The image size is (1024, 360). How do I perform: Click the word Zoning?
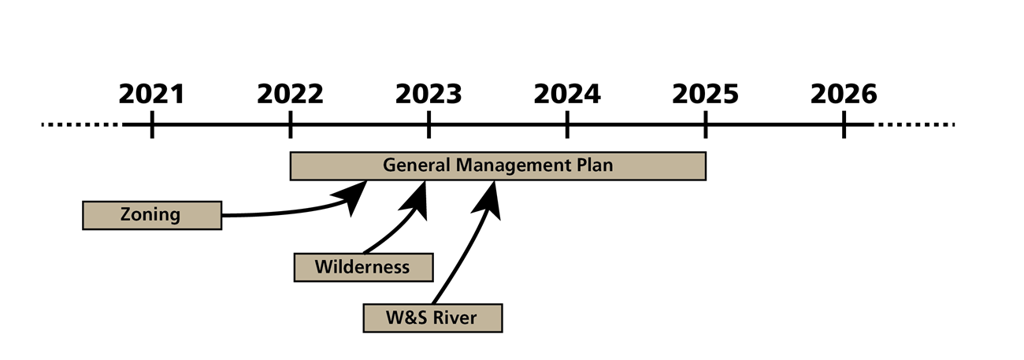150,214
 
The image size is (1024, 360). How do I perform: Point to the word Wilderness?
362,267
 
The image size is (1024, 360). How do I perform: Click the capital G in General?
389,166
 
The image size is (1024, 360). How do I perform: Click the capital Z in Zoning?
125,214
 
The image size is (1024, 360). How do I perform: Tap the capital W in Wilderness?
322,267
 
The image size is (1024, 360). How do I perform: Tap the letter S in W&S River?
420,318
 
